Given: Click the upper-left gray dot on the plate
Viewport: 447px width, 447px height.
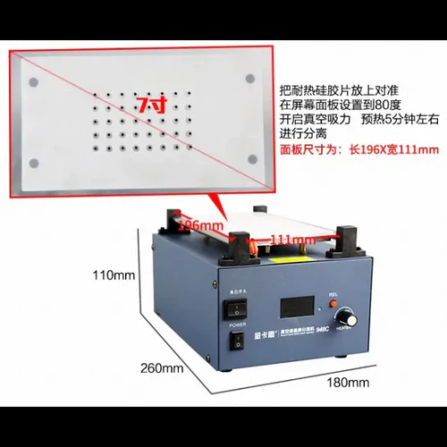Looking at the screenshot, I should (x=33, y=81).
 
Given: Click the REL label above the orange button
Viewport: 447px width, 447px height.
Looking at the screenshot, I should (x=334, y=291).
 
